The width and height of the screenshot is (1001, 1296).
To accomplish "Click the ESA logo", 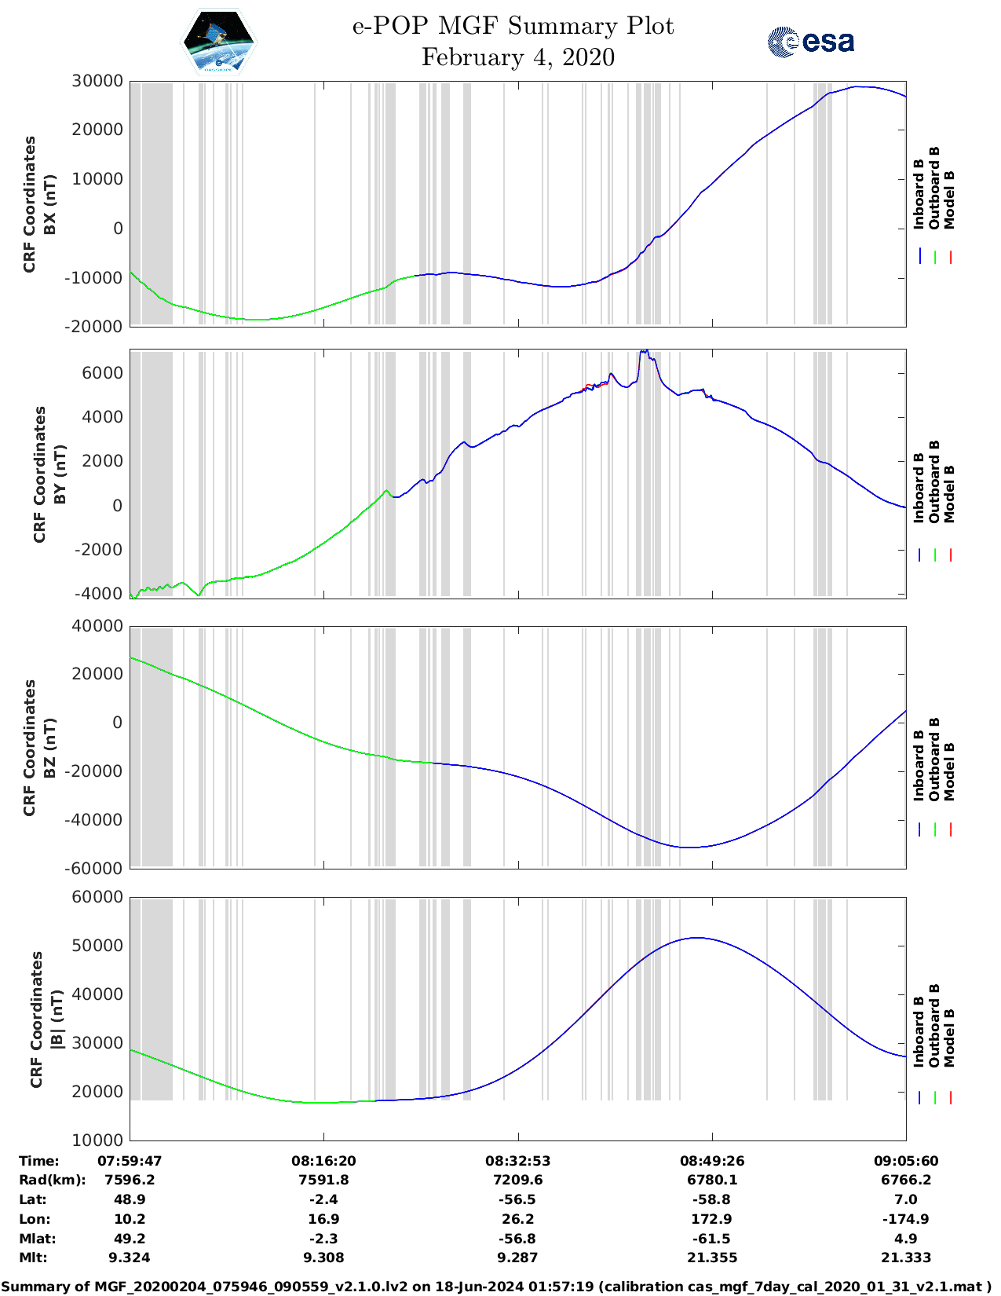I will click(811, 42).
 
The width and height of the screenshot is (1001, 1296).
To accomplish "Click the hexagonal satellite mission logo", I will click(218, 42).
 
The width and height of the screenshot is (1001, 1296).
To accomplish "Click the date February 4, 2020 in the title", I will click(517, 57).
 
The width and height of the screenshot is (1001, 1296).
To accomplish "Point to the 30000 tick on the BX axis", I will click(97, 81).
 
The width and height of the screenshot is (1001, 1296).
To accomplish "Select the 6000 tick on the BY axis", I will click(104, 372).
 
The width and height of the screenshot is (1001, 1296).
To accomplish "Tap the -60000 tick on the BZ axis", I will click(93, 868).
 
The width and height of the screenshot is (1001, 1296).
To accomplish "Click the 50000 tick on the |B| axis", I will click(97, 945).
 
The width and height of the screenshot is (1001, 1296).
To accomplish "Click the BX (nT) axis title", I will click(50, 204).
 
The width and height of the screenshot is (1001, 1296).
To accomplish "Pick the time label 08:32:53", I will click(517, 1161).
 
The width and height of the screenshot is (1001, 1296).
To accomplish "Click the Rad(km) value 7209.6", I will click(517, 1180).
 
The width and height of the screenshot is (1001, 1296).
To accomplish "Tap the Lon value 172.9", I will click(712, 1219).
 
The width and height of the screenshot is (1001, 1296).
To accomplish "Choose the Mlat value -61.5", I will click(712, 1239).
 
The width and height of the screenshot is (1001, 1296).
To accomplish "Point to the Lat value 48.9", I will click(130, 1199).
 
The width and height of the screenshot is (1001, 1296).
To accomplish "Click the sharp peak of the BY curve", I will click(645, 351).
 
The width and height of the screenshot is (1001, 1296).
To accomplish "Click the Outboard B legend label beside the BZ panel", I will click(934, 760).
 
